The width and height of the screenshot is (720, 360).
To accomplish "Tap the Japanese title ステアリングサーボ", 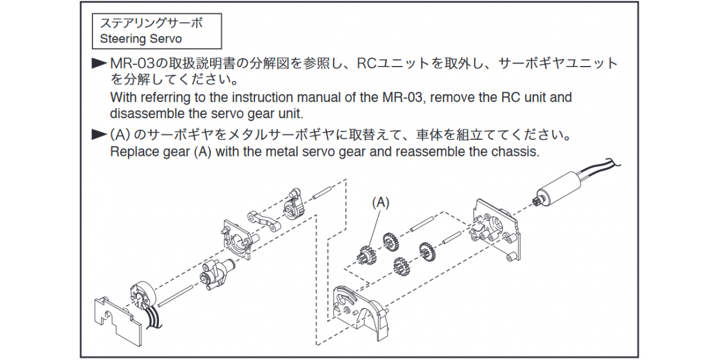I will point(151,23).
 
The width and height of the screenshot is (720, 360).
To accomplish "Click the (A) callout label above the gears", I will point(380,203).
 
